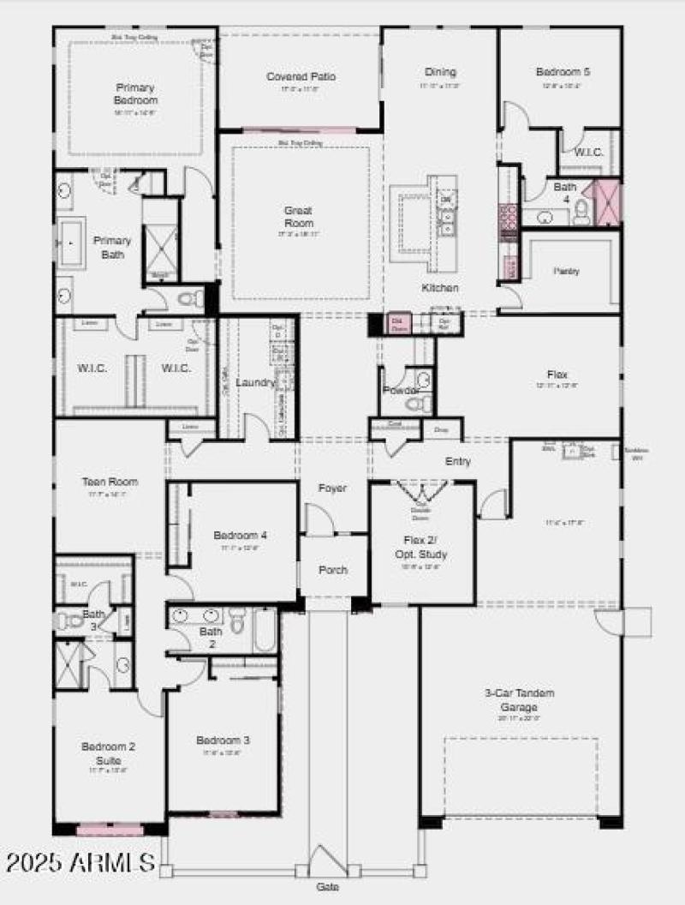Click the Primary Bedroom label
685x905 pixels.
(x=135, y=93)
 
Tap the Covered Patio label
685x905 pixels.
(x=300, y=77)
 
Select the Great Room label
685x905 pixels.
(x=298, y=216)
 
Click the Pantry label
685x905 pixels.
(x=566, y=271)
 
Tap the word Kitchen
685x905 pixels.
(x=439, y=288)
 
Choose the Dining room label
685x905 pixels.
(x=440, y=73)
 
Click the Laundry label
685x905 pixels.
(x=255, y=382)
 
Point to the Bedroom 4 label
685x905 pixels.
(x=240, y=536)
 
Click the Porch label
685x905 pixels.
(x=333, y=570)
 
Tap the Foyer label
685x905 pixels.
(x=332, y=488)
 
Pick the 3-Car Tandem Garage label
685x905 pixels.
(x=519, y=700)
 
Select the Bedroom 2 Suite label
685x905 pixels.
(x=109, y=752)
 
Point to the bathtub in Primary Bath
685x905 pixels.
(x=70, y=243)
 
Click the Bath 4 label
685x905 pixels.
(x=564, y=193)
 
